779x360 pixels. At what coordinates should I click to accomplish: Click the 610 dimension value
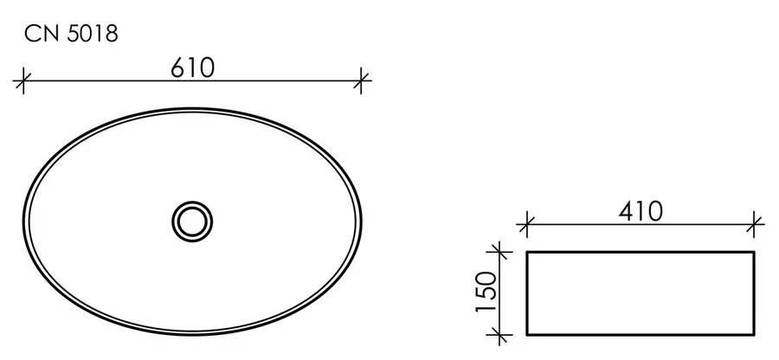point(192,67)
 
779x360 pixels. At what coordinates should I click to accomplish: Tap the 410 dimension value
point(641,210)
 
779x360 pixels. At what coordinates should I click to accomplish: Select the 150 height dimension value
point(486,292)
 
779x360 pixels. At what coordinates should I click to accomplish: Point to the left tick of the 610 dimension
point(23,82)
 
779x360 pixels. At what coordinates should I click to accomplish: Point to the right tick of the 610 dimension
point(362,82)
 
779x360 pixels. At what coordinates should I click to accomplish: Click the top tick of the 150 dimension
point(498,252)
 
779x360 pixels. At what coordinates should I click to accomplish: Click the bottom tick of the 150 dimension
point(498,334)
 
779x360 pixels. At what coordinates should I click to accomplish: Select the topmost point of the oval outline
point(192,107)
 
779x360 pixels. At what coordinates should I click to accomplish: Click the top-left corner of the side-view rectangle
point(528,253)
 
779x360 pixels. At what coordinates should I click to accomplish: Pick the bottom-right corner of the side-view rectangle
point(756,334)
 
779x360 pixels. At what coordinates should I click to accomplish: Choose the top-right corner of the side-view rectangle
point(756,253)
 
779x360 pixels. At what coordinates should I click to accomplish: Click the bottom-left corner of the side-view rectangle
point(528,334)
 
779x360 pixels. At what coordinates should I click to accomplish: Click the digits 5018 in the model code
point(89,35)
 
